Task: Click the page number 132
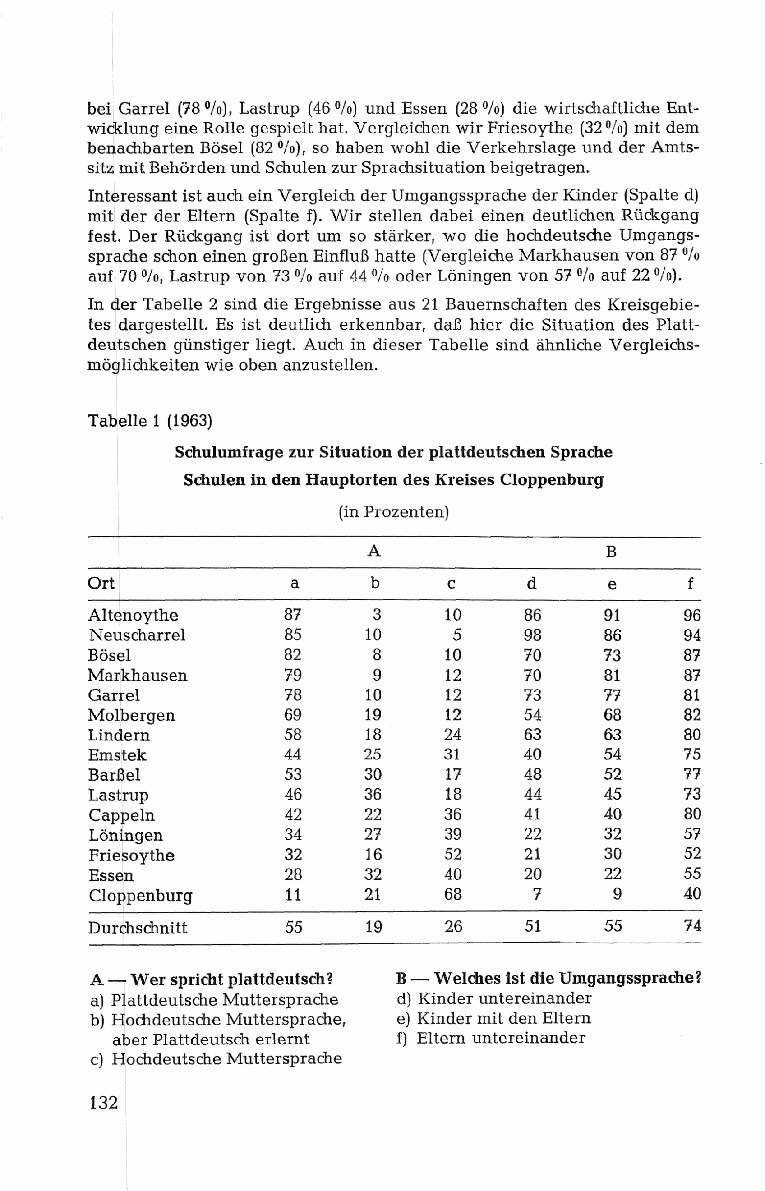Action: tap(103, 1102)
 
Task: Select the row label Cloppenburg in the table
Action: tap(140, 895)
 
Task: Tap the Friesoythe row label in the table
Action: tap(131, 855)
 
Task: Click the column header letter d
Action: tap(531, 583)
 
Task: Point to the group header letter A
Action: tap(373, 551)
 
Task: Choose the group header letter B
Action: tap(611, 552)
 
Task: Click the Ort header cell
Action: tap(101, 583)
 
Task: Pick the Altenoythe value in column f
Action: tap(691, 616)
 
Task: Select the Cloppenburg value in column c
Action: tap(452, 894)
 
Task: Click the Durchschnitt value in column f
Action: tap(692, 926)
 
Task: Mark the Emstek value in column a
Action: tap(293, 754)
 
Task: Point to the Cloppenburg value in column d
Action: tap(536, 894)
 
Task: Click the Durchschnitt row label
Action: tap(138, 928)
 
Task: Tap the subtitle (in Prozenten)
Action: tap(393, 511)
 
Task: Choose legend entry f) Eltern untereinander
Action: tap(491, 1038)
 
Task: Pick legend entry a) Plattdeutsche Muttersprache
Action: tap(214, 999)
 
